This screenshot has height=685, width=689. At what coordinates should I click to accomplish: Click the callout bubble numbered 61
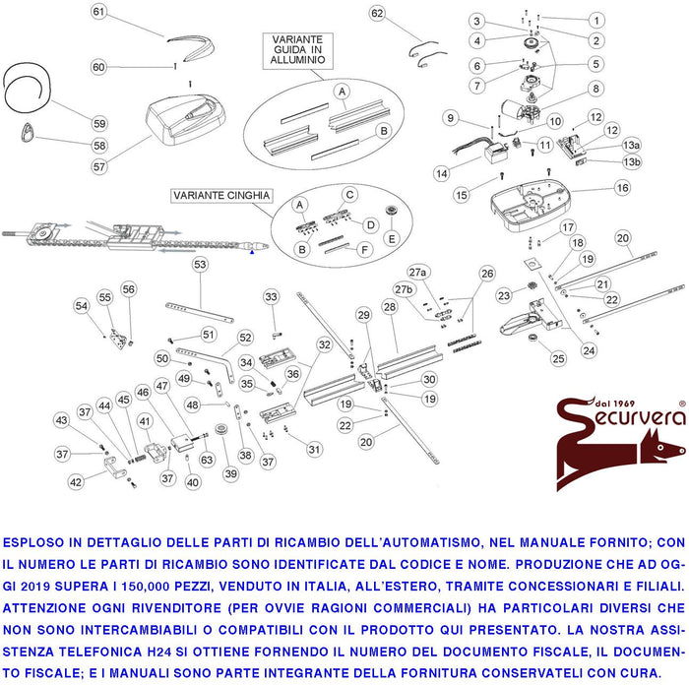pos(98,12)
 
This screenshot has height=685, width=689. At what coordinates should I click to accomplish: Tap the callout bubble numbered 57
pos(99,166)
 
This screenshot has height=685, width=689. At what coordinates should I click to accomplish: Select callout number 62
pos(377,13)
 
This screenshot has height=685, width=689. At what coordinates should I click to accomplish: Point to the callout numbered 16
pos(622,187)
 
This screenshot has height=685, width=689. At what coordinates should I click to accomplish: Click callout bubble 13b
pos(631,161)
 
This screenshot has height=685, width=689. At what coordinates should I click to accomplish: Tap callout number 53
pos(200,264)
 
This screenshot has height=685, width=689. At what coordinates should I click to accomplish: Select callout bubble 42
pos(76,482)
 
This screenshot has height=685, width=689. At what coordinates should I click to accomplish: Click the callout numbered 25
pos(557,358)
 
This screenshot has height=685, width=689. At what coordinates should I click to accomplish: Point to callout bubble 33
pos(272,296)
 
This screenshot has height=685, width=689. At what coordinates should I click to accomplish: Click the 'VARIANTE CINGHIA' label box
pos(220,196)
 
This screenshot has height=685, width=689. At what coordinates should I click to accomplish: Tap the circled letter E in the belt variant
pos(392,238)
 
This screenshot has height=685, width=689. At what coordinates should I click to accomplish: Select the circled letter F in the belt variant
pos(363,249)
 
